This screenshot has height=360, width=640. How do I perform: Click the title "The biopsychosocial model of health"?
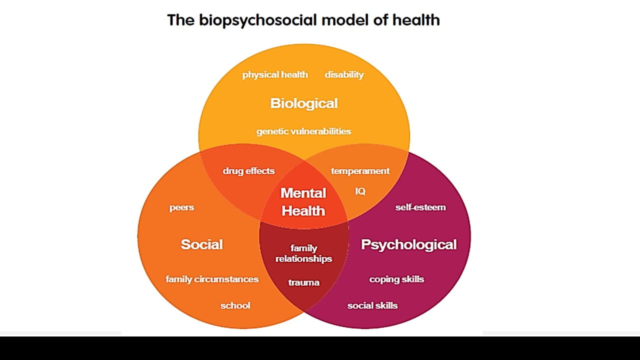[303, 20]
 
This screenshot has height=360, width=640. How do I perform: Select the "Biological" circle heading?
[304, 103]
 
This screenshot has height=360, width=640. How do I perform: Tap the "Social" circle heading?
[201, 244]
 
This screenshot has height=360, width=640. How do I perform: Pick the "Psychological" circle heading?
[408, 244]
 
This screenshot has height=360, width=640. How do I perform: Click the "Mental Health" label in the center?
[303, 202]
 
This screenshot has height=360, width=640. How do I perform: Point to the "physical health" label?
[275, 75]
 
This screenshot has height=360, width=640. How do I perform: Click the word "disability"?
[344, 75]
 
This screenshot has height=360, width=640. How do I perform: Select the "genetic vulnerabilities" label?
[303, 131]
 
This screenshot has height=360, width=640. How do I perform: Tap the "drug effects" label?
[248, 171]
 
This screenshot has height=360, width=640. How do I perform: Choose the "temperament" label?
[360, 171]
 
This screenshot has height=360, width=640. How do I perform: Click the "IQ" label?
[360, 191]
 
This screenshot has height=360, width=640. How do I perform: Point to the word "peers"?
[181, 207]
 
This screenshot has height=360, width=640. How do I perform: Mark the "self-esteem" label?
[420, 207]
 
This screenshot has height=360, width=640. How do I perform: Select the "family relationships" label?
[303, 253]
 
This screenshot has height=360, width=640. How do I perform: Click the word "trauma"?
[303, 282]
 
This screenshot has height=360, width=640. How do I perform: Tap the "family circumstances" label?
[212, 279]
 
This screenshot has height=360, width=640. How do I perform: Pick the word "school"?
[235, 305]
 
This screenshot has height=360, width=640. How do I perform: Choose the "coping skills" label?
[396, 279]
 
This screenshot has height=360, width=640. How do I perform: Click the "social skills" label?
[372, 305]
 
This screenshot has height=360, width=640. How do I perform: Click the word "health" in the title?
[416, 20]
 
